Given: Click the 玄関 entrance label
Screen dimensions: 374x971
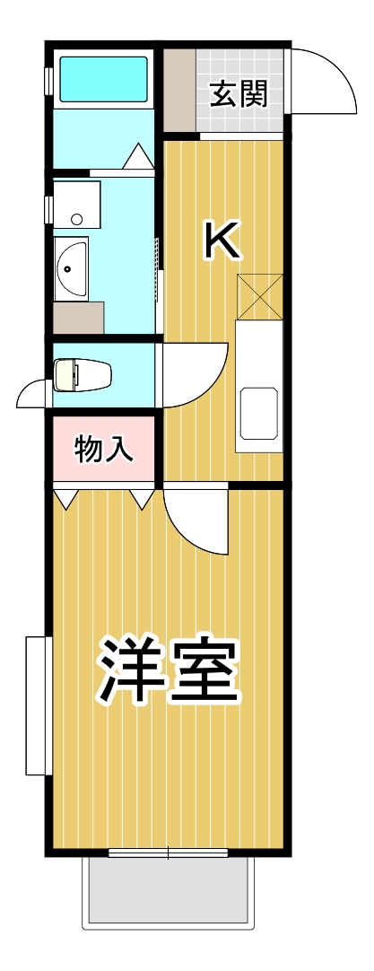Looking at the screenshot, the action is (x=239, y=94).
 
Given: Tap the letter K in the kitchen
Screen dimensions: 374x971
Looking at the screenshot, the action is (x=222, y=241).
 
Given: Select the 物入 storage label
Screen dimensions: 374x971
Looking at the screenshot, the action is (x=103, y=449).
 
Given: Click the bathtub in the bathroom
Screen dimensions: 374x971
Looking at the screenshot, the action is (x=103, y=80).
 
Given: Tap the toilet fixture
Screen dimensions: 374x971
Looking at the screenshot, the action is (x=83, y=375).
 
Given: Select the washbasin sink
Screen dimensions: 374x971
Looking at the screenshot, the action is (x=71, y=268).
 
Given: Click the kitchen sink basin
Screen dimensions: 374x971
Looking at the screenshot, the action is (x=259, y=413).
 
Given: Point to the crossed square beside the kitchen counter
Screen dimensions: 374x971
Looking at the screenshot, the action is (x=260, y=296).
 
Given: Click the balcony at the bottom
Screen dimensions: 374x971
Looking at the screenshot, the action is (x=169, y=892).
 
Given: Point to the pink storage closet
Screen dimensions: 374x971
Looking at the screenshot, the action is (x=103, y=449).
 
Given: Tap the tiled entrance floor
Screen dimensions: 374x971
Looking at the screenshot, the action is (x=239, y=91).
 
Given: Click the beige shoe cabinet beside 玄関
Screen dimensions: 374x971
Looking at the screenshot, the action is (x=179, y=91).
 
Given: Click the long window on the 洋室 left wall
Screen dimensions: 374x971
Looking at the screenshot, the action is (x=37, y=704).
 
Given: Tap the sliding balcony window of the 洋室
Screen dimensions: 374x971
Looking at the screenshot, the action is (x=169, y=853).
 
